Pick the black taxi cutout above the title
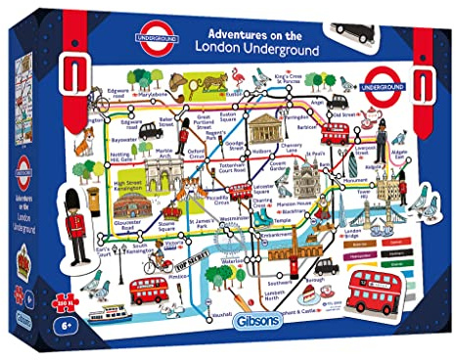[353, 30]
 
